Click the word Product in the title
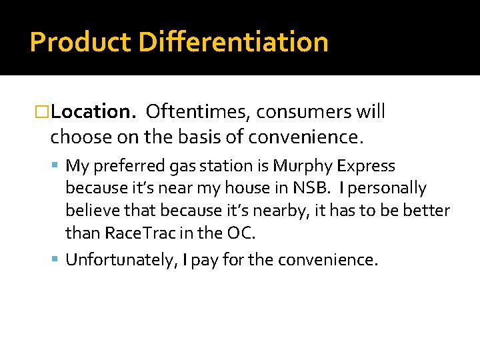(x=80, y=42)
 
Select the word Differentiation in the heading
(x=233, y=42)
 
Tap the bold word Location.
(x=94, y=111)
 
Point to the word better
(x=427, y=211)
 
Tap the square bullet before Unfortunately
(x=57, y=259)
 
